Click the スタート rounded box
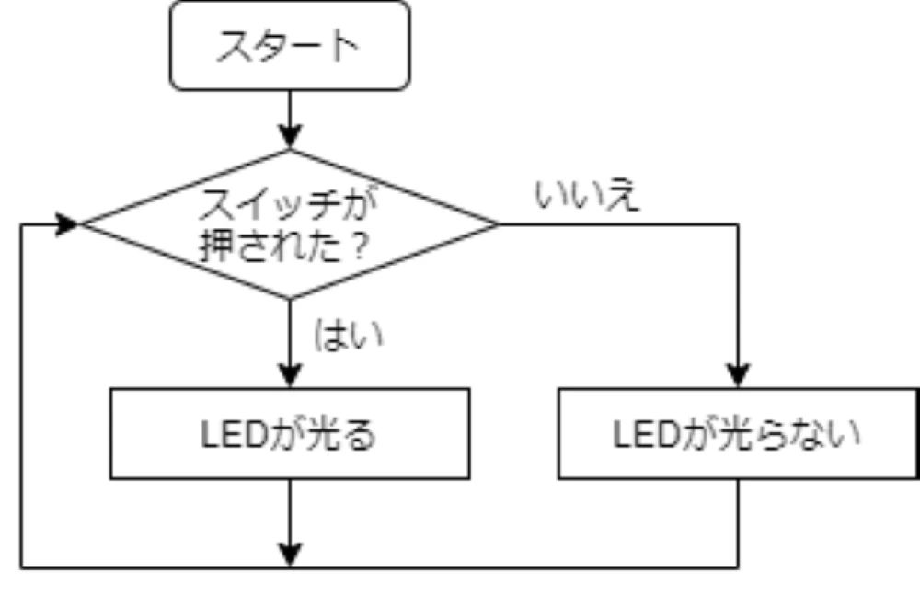click(290, 47)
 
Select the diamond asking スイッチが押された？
click(290, 224)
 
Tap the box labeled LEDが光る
click(290, 434)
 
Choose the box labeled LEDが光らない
click(738, 434)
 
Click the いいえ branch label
click(586, 196)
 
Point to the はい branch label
click(349, 335)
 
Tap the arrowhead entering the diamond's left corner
click(68, 224)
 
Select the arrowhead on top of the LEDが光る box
click(290, 376)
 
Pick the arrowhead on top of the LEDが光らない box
click(738, 376)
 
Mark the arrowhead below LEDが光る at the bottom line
click(290, 555)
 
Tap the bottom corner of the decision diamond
click(290, 298)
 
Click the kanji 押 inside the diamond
click(216, 246)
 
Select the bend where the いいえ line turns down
click(738, 224)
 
